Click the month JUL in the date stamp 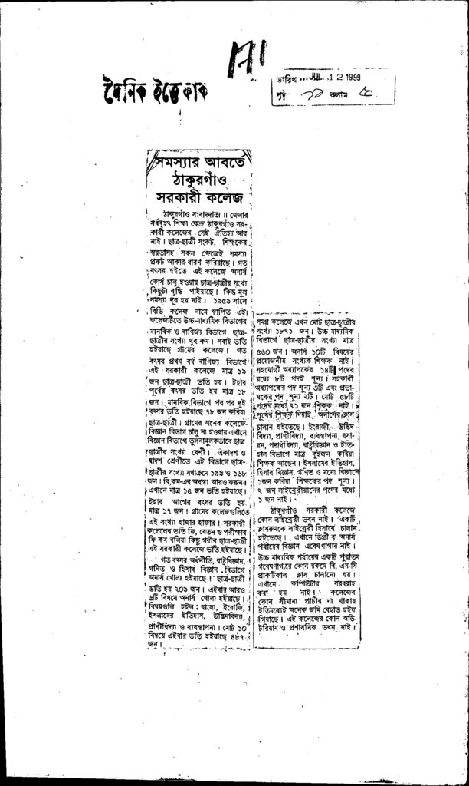click(x=324, y=78)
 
